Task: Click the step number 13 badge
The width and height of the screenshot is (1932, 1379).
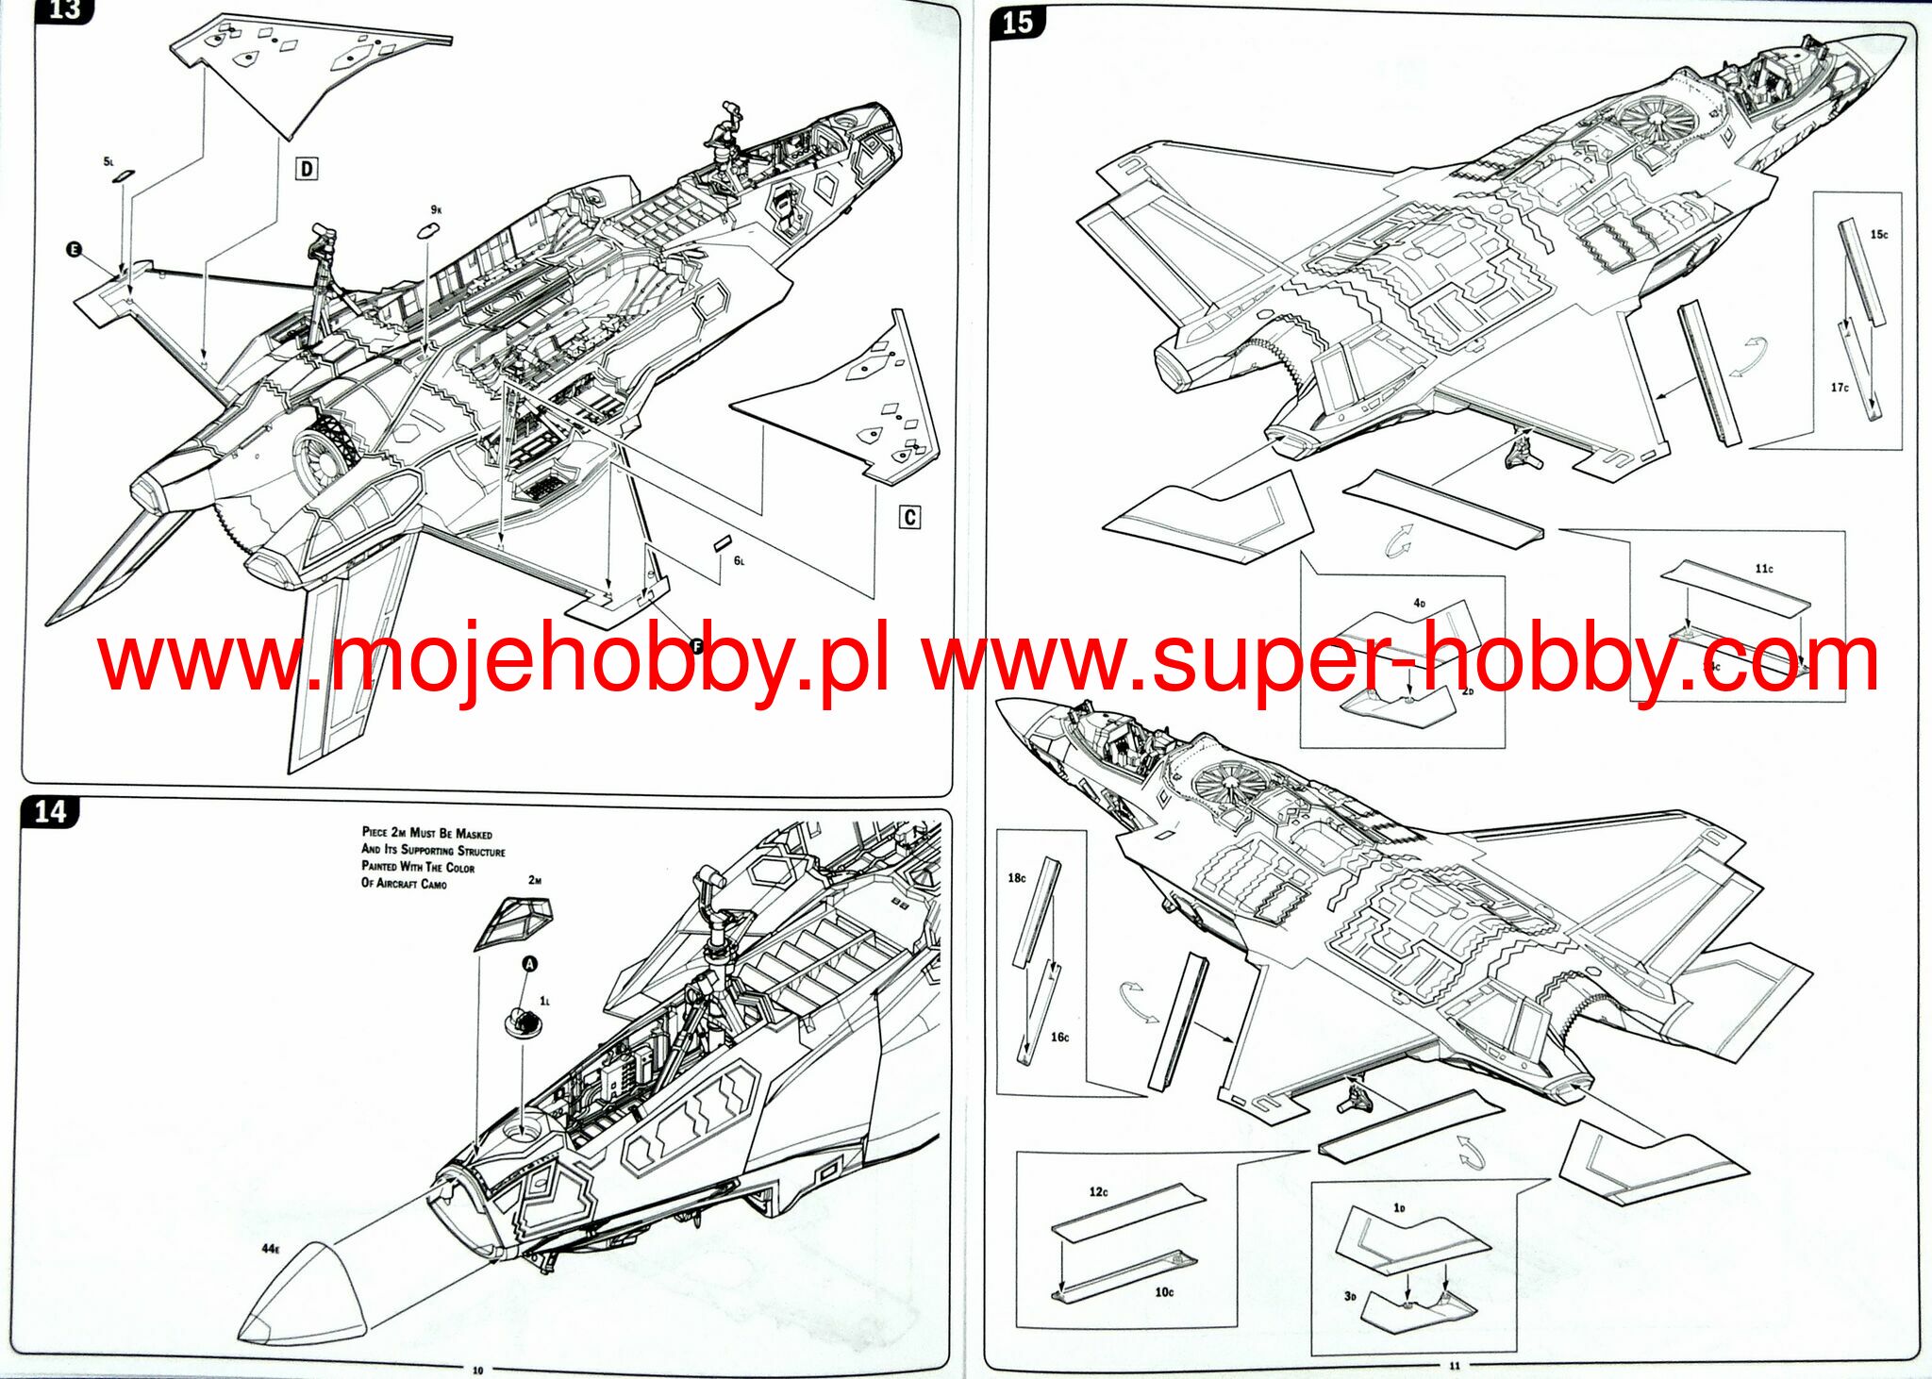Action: [x=64, y=10]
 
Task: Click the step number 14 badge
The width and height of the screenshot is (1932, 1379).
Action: [x=50, y=812]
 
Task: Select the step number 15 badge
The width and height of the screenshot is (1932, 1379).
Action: [x=1018, y=23]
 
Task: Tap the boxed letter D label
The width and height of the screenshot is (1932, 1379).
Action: [x=307, y=169]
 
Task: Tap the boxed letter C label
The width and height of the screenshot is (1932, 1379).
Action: [x=909, y=517]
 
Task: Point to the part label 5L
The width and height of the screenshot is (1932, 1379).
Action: [x=108, y=162]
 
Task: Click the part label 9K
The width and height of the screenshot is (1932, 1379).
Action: [x=436, y=209]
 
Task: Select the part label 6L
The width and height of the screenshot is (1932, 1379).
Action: [x=739, y=560]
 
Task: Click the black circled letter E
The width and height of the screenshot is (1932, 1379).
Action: [x=75, y=249]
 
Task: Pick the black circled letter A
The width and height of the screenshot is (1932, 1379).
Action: [x=530, y=963]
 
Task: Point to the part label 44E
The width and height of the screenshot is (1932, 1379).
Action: [x=271, y=1249]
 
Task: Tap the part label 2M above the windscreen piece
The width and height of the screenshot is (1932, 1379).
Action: [x=535, y=880]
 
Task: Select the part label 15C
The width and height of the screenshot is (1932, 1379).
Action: [x=1879, y=234]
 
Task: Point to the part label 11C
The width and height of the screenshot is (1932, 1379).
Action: [x=1764, y=569]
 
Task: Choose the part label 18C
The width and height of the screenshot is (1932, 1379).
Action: [x=1017, y=878]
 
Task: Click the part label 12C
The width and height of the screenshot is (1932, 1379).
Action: [x=1099, y=1192]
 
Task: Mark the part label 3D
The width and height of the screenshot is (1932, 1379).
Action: [x=1350, y=1296]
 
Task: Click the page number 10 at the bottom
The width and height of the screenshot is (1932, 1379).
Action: [x=477, y=1370]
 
